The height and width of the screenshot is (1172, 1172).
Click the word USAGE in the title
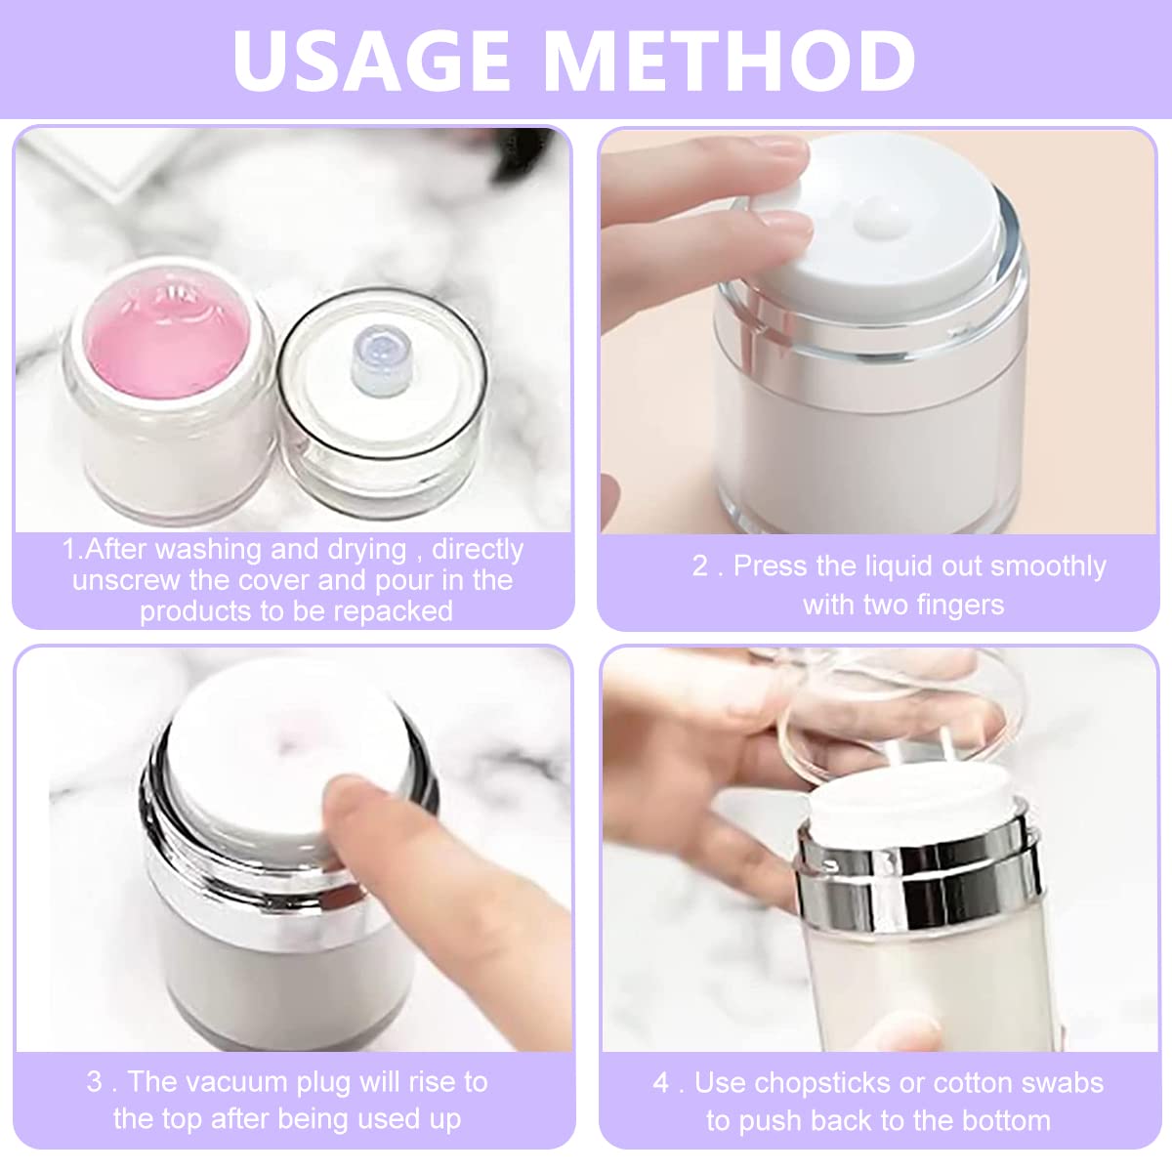pyautogui.click(x=371, y=61)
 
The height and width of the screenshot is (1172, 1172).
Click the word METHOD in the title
pyautogui.click(x=730, y=61)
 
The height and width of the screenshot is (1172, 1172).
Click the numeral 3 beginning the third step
pyautogui.click(x=94, y=1082)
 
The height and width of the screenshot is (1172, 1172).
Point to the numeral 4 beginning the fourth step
pyautogui.click(x=661, y=1083)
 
